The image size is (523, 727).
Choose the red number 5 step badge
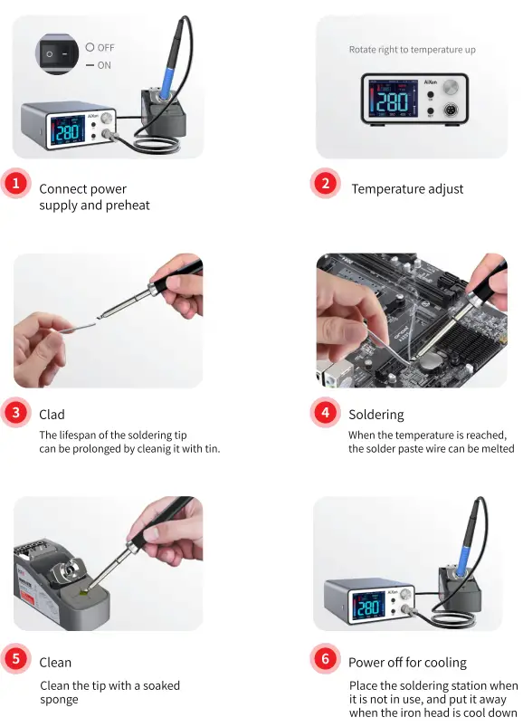click(15, 660)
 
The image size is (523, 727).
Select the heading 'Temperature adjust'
click(407, 189)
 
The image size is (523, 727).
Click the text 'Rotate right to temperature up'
click(412, 50)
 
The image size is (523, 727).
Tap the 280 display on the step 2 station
click(392, 101)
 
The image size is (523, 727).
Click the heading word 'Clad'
click(52, 415)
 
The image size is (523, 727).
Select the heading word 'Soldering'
click(376, 415)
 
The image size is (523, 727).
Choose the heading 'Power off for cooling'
click(407, 662)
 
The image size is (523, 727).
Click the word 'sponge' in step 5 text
click(59, 699)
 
